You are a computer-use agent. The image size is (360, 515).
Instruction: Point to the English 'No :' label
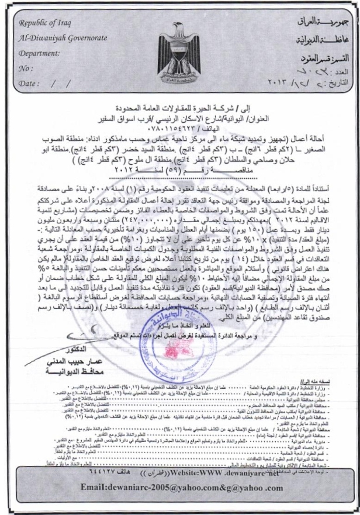click(x=26, y=67)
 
